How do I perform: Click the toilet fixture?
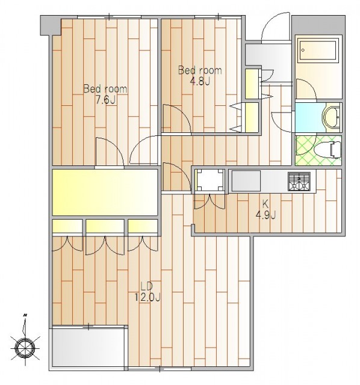pos(332,150)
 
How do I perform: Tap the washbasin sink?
pos(332,118)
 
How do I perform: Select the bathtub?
pos(318,51)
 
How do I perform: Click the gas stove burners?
pos(299,181)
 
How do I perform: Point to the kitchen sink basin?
pos(246,180)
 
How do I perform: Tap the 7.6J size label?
pos(106,100)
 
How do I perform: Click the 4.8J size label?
pos(200,81)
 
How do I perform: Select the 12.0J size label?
pos(147,297)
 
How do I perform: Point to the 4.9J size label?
pos(265,215)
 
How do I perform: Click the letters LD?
pos(147,286)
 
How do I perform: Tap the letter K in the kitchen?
pos(265,203)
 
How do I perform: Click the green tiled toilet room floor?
pos(318,150)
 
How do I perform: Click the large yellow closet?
pos(105,192)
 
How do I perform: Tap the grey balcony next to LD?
pos(88,346)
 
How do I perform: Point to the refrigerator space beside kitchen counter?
pos(210,180)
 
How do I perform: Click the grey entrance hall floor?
pos(268,63)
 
